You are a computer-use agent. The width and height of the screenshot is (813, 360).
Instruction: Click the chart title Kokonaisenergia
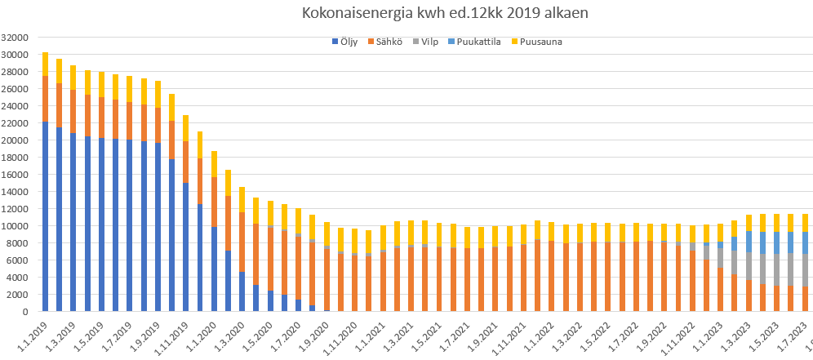[444, 13]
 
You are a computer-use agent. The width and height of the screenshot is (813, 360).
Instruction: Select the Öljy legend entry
[347, 42]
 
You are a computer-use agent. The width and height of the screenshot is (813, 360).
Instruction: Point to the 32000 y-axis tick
[16, 38]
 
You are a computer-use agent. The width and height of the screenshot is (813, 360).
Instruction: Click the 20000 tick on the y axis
[16, 140]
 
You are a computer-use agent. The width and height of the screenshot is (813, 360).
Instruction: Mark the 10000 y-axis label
[16, 226]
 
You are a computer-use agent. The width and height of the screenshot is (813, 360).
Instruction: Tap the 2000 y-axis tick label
[19, 295]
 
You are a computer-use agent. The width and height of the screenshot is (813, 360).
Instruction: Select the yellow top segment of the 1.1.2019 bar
[45, 64]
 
